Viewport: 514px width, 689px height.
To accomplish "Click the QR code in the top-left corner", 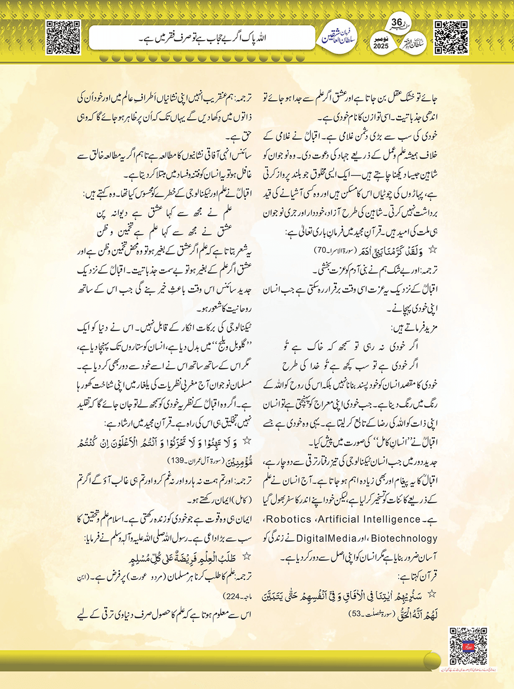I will pos(63,37).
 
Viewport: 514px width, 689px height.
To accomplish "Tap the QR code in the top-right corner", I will pos(451,37).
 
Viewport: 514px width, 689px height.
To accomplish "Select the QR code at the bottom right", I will pos(468,646).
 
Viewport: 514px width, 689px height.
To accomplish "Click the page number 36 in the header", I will pos(397,23).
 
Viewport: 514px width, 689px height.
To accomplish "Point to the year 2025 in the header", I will pos(381,46).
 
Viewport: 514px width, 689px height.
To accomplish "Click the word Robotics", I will pos(289,519).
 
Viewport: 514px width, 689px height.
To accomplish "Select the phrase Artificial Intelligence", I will pos(370,519).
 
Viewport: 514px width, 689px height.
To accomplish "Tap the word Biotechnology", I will pos(404,539).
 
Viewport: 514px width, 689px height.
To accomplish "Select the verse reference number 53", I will pos(355,613).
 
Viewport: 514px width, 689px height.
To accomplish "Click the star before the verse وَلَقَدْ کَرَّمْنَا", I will pos(433,248).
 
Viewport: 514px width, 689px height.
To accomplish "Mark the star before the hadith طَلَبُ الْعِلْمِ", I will pos(246,556).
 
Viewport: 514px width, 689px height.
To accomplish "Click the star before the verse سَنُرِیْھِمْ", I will pos(431,594).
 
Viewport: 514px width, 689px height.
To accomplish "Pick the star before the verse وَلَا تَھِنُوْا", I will pos(246,441).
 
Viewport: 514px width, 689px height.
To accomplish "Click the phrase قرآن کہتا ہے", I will pos(419,576).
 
